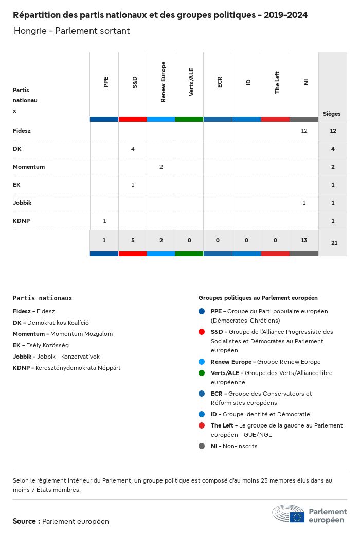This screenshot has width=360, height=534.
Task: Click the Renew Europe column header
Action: click(x=163, y=82)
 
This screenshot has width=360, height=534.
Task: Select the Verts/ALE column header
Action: click(x=191, y=82)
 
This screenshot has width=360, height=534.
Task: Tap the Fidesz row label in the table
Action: click(x=22, y=131)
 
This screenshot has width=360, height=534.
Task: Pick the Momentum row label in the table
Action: click(x=29, y=167)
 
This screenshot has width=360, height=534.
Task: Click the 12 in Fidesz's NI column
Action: click(x=304, y=131)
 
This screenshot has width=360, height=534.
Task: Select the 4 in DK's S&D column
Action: click(x=133, y=149)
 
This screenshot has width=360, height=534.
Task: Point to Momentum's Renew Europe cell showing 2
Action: click(x=161, y=167)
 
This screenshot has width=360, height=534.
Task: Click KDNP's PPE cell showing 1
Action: click(x=104, y=221)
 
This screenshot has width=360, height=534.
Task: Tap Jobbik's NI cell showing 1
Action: click(x=304, y=203)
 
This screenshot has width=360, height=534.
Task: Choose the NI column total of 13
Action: click(x=304, y=240)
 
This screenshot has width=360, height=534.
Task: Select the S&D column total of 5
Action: click(x=133, y=240)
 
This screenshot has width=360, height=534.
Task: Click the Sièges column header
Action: click(x=332, y=114)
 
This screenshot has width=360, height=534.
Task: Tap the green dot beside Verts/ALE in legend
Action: click(x=202, y=373)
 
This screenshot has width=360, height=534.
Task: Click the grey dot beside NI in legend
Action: click(x=202, y=446)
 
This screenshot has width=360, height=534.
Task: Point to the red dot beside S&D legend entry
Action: click(x=202, y=332)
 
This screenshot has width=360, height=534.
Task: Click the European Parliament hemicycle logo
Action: click(x=288, y=513)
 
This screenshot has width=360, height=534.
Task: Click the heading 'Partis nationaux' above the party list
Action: click(x=42, y=298)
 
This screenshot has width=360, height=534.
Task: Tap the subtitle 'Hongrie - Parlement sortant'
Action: click(x=71, y=31)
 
